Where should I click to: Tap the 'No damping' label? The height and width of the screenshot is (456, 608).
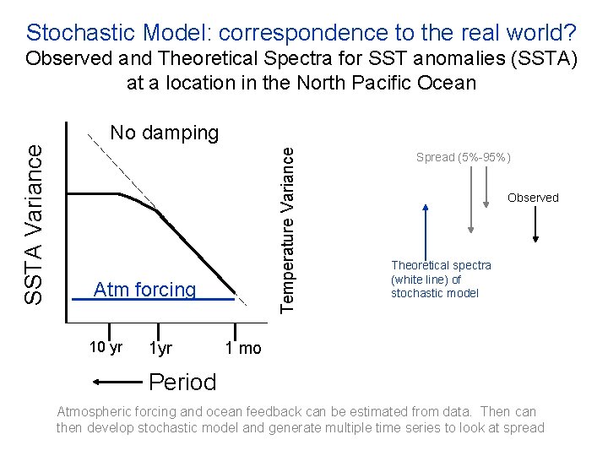tap(165, 133)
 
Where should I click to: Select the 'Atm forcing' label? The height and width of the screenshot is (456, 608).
tap(144, 290)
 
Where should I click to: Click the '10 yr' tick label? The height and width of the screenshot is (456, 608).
tap(106, 347)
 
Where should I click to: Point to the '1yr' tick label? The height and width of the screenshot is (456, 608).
tap(160, 348)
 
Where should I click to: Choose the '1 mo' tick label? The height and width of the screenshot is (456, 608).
tap(243, 348)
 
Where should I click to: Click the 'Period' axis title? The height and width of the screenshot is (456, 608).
tap(182, 382)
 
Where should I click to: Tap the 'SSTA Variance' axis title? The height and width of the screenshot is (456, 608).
tap(35, 224)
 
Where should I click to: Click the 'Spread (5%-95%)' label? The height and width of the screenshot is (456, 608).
tap(464, 158)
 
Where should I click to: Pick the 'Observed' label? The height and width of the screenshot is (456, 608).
tap(533, 198)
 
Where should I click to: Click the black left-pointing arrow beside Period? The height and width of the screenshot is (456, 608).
tap(118, 382)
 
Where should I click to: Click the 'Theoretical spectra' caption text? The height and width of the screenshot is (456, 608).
tap(440, 266)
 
